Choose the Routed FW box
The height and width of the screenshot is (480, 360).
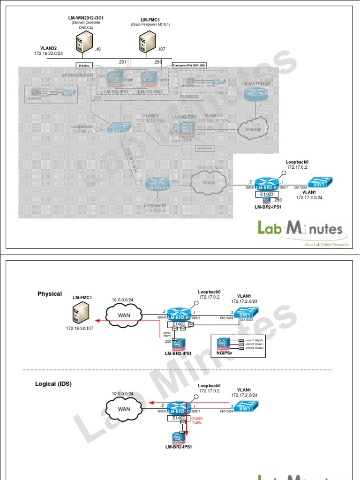pyautogui.click(x=203, y=148)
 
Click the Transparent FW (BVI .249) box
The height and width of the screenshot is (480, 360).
pyautogui.click(x=189, y=65)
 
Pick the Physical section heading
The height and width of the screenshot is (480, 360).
pyautogui.click(x=50, y=294)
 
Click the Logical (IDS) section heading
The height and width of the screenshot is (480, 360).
pyautogui.click(x=53, y=384)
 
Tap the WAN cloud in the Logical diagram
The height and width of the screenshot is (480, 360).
pyautogui.click(x=123, y=409)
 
